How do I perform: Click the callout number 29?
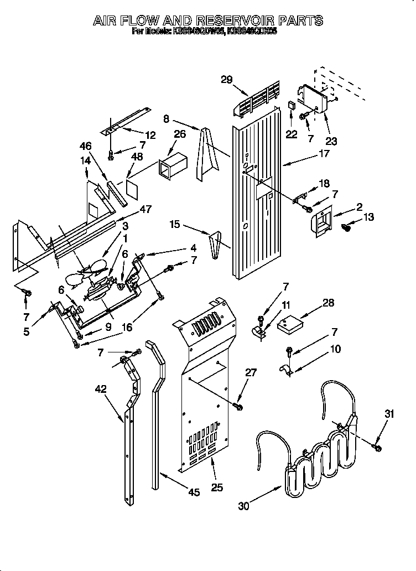coord(226,79)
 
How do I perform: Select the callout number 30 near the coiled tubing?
coord(243,505)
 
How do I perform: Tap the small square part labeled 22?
coord(292,105)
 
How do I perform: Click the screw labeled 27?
coord(239,407)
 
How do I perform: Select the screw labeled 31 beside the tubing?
coord(377,445)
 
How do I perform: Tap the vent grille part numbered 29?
coord(259,100)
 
